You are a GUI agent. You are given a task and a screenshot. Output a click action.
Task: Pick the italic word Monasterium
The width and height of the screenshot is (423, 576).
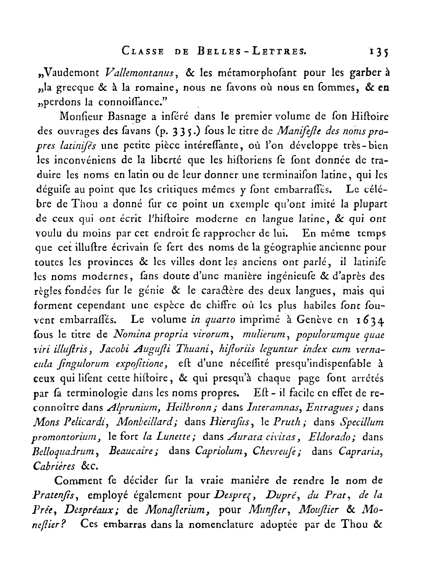[x=172, y=510]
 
